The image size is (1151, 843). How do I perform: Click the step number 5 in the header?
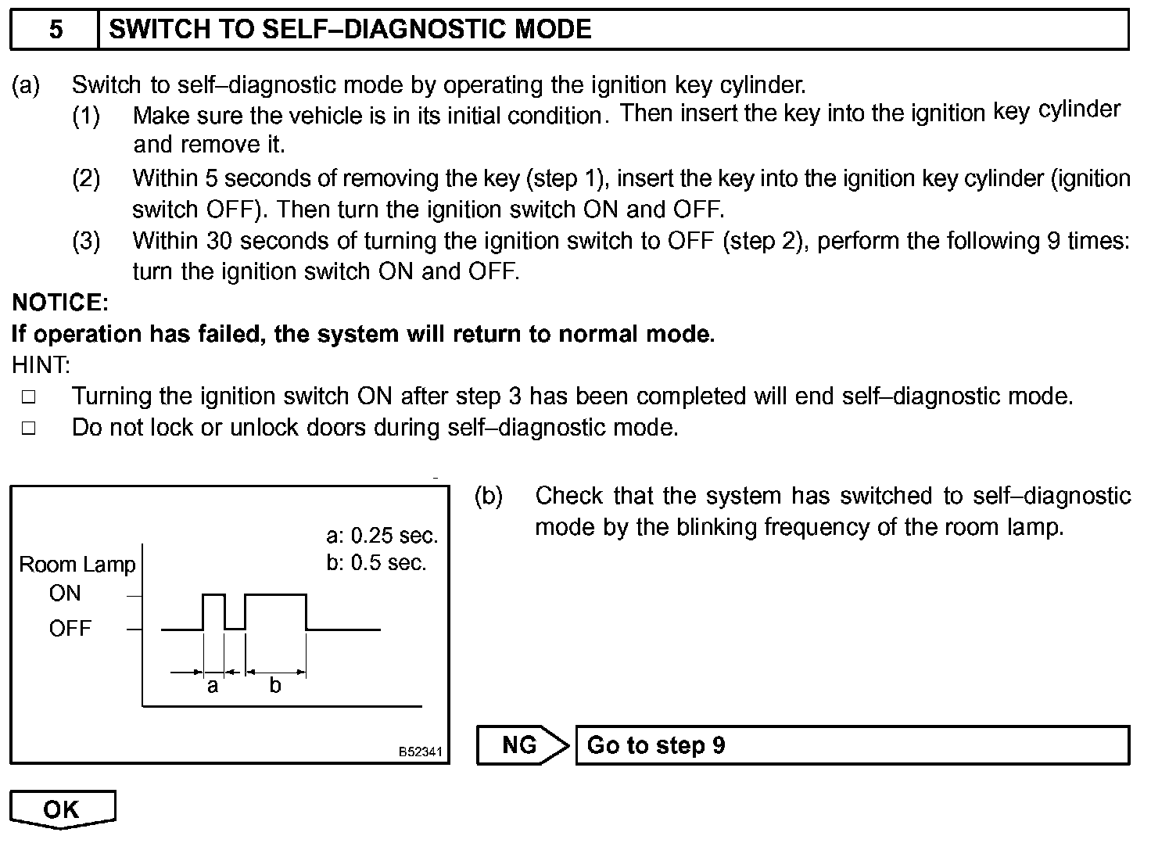56,30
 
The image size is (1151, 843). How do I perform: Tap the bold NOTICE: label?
60,303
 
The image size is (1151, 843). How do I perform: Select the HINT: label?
41,364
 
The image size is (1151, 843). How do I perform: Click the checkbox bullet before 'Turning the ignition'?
29,396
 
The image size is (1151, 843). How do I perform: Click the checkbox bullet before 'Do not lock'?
29,428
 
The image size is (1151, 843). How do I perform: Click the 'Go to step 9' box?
852,744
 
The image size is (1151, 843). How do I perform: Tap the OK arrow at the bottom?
63,809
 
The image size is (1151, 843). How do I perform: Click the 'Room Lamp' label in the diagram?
77,565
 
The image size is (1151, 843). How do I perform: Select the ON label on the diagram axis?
65,594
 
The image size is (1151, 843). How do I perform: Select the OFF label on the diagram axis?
70,628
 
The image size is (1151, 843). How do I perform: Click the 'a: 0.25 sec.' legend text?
382,536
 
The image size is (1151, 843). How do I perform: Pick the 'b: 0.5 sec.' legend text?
376,563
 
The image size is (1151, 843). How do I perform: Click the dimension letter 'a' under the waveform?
212,687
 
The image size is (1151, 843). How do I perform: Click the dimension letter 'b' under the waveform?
274,686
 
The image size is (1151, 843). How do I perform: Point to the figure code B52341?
421,752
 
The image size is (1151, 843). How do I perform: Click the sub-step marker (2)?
86,178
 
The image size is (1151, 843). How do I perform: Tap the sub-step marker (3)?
86,241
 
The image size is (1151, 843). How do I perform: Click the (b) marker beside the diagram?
489,496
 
